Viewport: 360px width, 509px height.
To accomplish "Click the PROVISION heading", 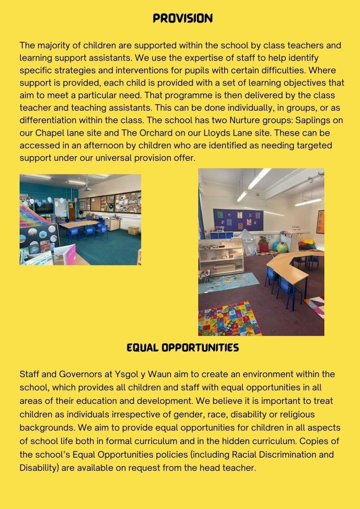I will tap(183, 18).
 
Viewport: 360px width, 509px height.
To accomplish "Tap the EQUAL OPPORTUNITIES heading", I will tap(183, 348).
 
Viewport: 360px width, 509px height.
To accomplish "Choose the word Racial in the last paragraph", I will tap(247, 454).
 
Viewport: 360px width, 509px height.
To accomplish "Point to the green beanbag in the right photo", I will tap(282, 247).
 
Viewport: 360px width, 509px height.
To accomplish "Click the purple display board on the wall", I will tap(238, 220).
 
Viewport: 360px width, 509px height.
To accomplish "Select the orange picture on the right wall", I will tap(320, 221).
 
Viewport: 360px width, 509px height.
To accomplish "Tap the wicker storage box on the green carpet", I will tap(134, 230).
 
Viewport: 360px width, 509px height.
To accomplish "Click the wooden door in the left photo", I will tap(72, 210).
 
